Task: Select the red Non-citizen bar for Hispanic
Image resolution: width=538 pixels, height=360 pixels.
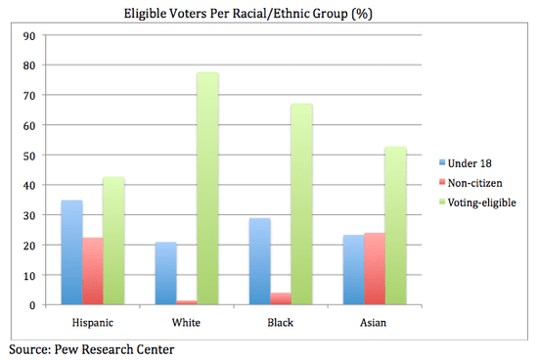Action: (94, 271)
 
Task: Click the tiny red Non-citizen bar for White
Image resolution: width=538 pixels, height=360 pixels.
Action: (185, 302)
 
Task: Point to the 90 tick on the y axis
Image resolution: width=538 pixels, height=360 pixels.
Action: (28, 35)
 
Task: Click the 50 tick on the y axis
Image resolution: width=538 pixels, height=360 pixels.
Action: (28, 156)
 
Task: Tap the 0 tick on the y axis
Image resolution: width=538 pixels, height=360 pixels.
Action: (31, 305)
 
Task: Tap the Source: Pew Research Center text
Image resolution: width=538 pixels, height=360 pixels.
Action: (91, 347)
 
